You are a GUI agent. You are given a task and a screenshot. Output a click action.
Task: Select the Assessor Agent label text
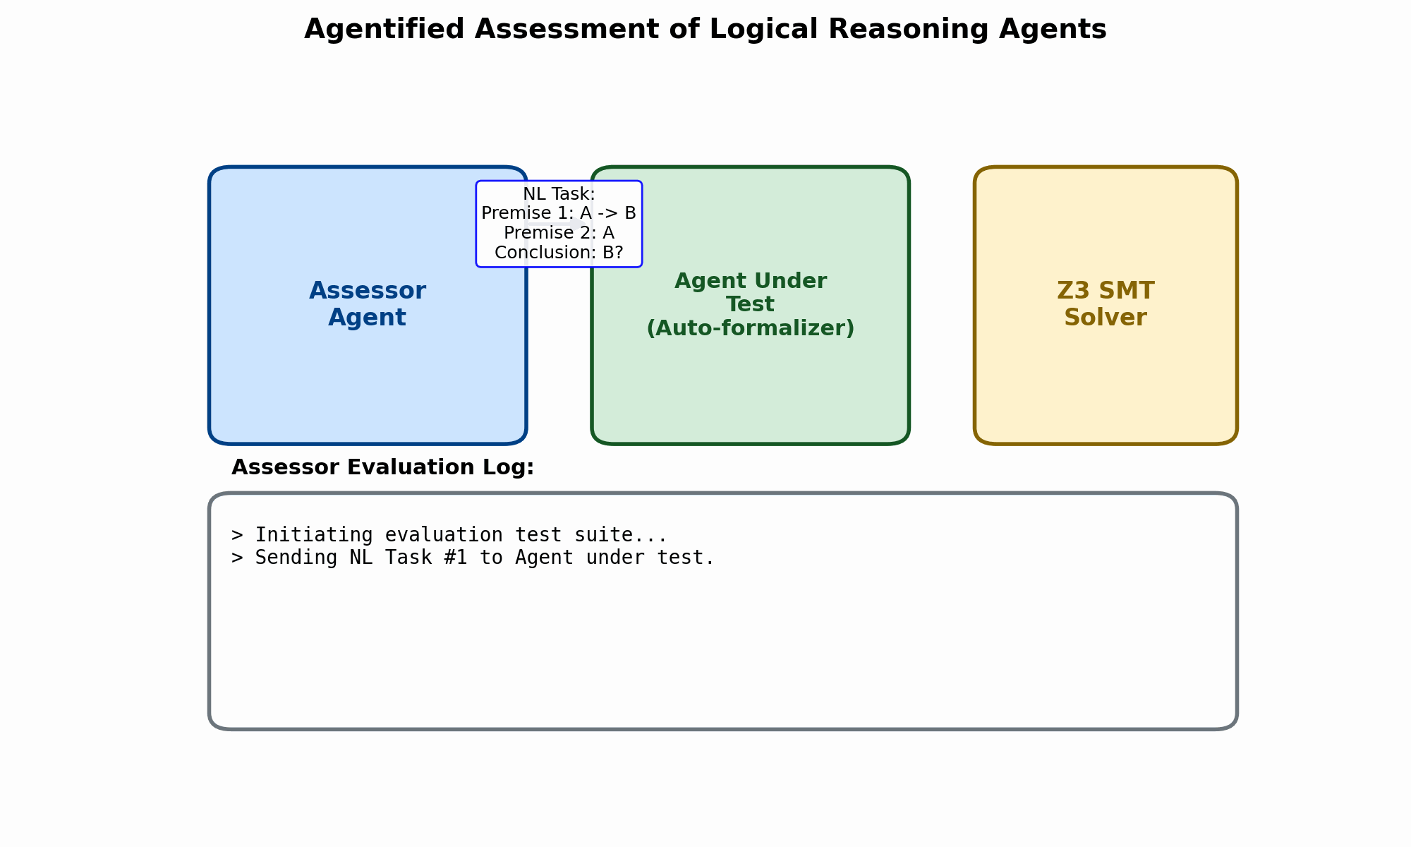368,304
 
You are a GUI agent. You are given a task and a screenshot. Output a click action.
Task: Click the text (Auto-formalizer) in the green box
751,328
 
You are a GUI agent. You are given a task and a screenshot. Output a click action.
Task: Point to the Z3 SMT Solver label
1106,304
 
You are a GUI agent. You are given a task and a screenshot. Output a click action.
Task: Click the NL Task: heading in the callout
559,194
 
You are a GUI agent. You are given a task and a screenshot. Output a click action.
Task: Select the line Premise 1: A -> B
559,213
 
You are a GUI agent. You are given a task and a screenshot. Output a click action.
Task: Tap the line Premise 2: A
559,233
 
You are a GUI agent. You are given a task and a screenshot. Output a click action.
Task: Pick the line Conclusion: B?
559,253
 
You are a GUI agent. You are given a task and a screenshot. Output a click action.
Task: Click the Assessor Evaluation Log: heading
382,467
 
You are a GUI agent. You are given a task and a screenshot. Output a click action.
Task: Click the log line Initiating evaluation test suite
449,535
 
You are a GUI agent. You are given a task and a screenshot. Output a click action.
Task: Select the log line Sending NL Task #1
473,558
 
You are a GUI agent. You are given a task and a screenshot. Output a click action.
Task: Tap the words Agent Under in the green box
751,281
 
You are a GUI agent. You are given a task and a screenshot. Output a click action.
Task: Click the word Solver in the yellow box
1106,318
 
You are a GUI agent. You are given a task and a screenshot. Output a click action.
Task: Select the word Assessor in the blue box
368,291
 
